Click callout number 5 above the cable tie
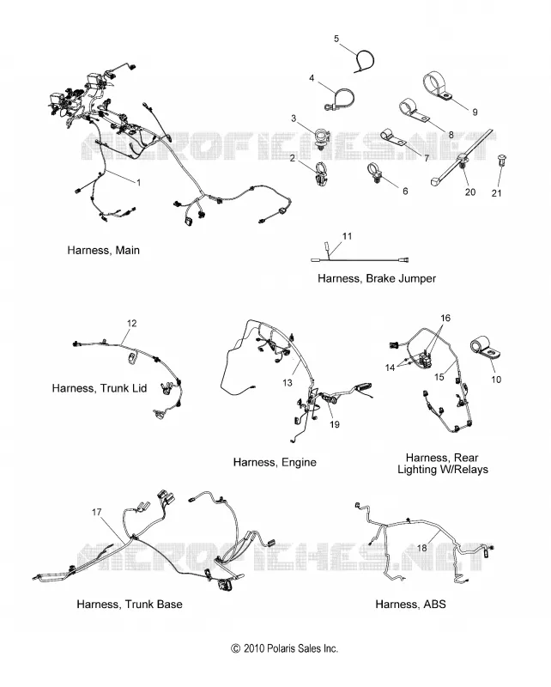click(336, 39)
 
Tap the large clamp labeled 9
click(438, 85)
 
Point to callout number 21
click(496, 192)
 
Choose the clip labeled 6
click(375, 173)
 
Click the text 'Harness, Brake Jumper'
click(377, 278)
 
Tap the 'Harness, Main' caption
click(103, 250)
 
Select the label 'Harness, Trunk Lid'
click(100, 388)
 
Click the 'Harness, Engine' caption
click(275, 462)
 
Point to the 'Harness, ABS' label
click(410, 605)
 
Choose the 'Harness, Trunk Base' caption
click(130, 605)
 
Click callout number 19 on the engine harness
click(334, 424)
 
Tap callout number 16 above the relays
click(445, 318)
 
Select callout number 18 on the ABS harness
click(421, 548)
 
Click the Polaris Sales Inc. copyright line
click(285, 648)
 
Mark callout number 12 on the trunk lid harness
click(131, 324)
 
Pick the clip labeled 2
click(322, 173)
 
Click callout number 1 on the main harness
click(139, 182)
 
